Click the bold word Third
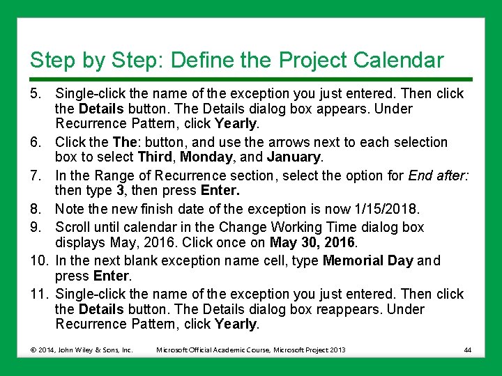point(156,157)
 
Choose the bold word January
point(293,157)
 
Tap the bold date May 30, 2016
point(314,242)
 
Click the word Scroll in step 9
point(73,227)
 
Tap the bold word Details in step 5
point(101,109)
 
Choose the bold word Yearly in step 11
point(237,324)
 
